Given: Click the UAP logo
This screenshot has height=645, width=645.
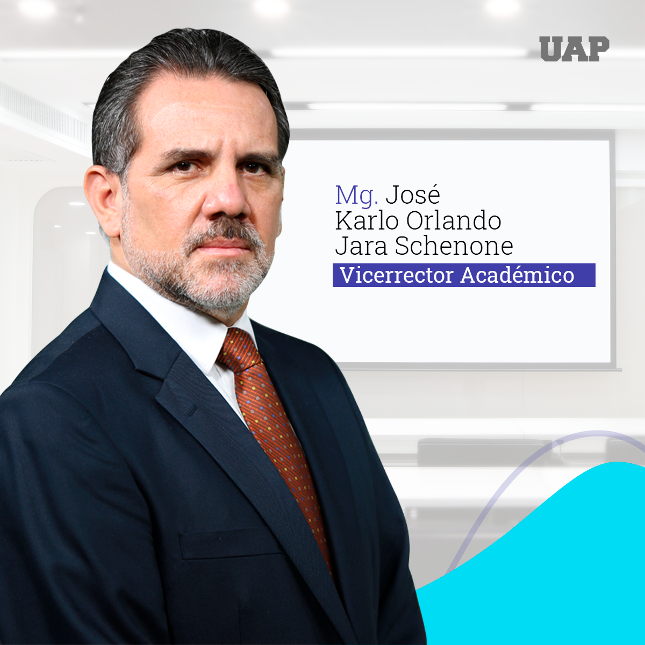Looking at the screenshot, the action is pyautogui.click(x=574, y=49).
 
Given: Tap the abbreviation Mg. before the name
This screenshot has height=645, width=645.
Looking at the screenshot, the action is pyautogui.click(x=357, y=195).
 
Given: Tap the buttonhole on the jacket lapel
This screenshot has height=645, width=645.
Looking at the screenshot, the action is pyautogui.click(x=191, y=410).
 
